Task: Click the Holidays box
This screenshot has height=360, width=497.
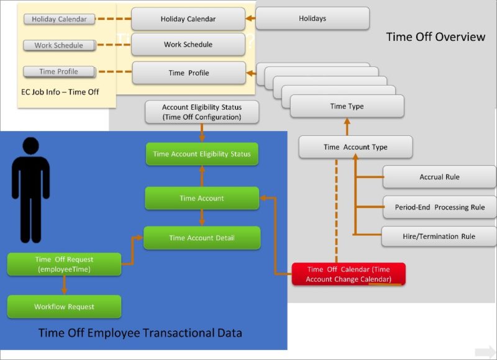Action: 312,19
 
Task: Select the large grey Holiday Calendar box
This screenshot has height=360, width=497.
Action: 188,19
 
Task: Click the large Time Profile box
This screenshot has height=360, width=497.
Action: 189,73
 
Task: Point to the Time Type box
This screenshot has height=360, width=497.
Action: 347,106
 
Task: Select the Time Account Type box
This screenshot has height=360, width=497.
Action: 355,147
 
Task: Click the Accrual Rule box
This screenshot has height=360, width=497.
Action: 439,177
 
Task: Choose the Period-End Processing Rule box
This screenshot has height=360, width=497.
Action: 439,207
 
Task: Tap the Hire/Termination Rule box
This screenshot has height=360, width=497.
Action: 439,236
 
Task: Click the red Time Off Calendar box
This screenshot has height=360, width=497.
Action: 349,274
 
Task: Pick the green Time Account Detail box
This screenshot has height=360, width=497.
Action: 201,238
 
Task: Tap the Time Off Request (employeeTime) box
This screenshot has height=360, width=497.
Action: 64,264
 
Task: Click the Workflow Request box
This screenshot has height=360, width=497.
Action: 64,307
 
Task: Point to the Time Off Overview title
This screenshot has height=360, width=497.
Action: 435,37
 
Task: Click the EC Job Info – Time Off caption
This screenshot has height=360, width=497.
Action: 60,92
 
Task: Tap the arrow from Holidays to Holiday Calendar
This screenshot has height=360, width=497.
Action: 250,19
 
